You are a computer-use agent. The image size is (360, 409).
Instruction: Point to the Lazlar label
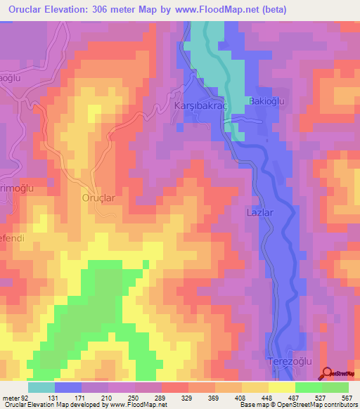[x=260, y=212]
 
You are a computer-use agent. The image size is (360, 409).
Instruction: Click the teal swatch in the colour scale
[x=41, y=387]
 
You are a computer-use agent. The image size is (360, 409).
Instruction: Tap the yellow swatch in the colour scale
[x=281, y=387]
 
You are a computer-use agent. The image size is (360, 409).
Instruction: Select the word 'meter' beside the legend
[x=11, y=397]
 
